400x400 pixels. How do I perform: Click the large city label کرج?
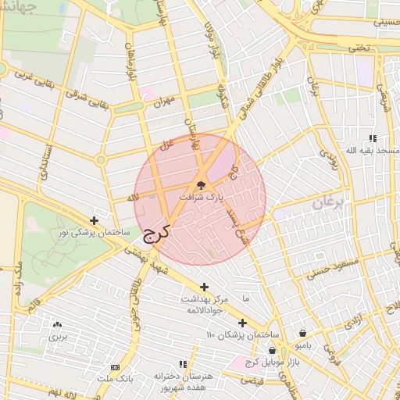click(155, 232)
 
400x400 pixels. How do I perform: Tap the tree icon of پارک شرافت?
click(202, 185)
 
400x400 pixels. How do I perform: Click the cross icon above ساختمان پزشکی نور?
click(95, 221)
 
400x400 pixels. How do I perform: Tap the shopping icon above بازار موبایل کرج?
click(272, 351)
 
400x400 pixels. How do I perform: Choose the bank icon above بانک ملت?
click(115, 367)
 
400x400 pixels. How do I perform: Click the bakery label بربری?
click(59, 337)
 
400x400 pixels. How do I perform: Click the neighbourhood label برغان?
click(328, 203)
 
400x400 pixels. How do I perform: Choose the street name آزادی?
click(354, 321)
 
